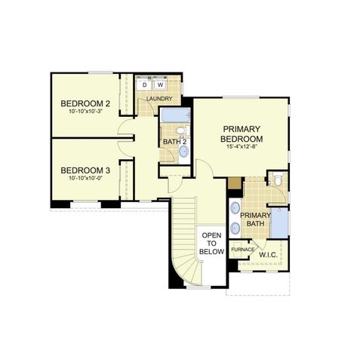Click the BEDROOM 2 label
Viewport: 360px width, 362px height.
(87, 103)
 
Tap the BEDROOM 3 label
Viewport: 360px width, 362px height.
(85, 170)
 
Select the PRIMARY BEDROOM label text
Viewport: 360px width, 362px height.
(242, 134)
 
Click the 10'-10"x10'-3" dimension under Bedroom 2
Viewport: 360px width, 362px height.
(86, 112)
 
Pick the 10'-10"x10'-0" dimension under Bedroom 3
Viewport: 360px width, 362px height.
(85, 179)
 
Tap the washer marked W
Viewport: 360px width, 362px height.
(160, 85)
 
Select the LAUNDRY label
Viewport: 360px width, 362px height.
(159, 99)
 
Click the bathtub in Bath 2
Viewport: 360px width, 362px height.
(177, 115)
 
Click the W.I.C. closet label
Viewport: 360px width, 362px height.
(269, 256)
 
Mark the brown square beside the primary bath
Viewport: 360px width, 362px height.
(233, 183)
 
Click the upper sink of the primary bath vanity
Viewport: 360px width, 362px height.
(234, 207)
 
